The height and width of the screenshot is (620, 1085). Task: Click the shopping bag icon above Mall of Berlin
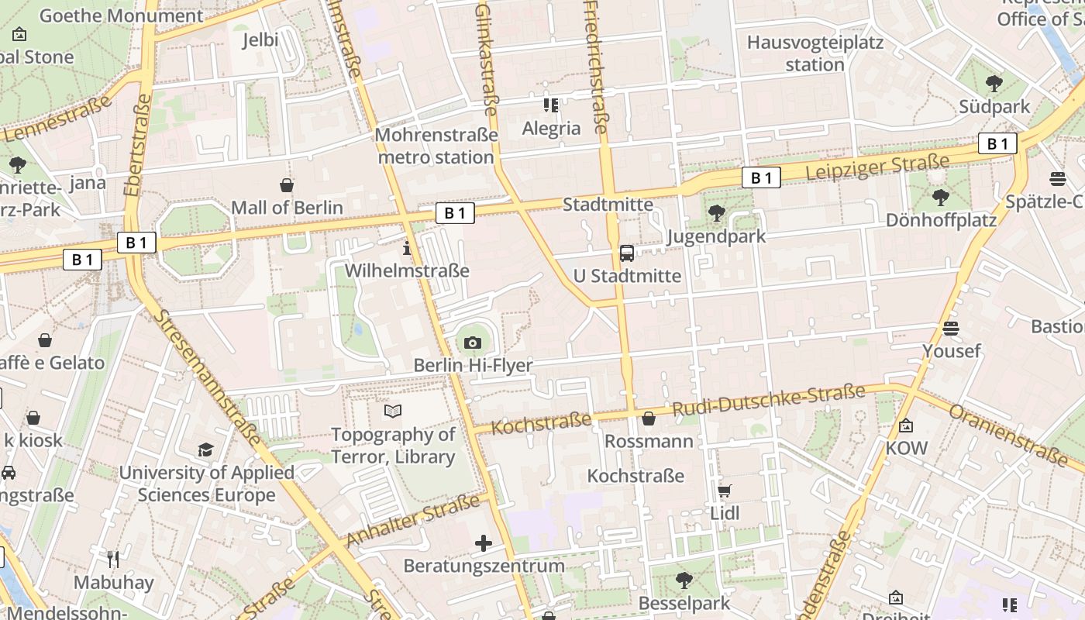[287, 185]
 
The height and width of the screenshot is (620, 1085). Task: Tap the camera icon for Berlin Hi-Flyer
[472, 343]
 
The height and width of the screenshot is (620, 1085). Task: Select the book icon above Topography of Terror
[393, 412]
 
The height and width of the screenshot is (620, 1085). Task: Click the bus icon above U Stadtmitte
[627, 253]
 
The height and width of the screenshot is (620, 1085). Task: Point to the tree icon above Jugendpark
[717, 212]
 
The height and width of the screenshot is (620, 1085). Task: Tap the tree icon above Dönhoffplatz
[941, 198]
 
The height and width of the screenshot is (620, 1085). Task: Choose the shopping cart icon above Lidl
[724, 491]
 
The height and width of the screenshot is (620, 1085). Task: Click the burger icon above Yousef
[951, 329]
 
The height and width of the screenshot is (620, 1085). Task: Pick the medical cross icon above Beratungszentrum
[484, 543]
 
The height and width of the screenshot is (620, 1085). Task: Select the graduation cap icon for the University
[205, 449]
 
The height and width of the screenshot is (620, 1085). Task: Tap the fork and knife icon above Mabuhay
[114, 559]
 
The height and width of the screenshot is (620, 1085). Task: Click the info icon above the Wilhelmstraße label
[407, 249]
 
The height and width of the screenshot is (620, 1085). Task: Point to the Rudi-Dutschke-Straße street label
[768, 400]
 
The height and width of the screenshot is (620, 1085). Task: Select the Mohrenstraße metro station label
[436, 146]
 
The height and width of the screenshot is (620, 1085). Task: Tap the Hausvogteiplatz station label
[815, 53]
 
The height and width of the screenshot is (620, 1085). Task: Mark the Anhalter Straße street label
[414, 520]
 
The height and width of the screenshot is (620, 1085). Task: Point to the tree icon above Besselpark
[684, 580]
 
